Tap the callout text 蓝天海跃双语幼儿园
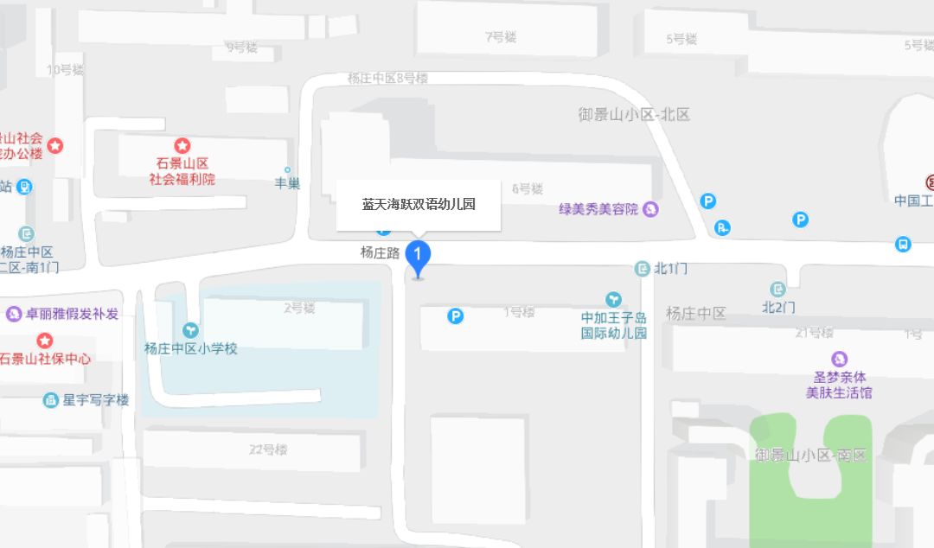419,205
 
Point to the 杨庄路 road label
380,253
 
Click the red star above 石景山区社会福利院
182,146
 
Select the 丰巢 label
287,183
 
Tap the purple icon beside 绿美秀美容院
650,209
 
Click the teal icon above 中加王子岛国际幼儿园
613,300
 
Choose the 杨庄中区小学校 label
190,349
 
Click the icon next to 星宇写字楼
51,400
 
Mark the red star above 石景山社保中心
44,341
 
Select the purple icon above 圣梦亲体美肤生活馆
838,359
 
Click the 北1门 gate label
671,269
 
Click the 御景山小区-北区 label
634,114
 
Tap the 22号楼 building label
268,449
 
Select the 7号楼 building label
501,37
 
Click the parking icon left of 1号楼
456,316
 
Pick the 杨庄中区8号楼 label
387,78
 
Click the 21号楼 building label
814,333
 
